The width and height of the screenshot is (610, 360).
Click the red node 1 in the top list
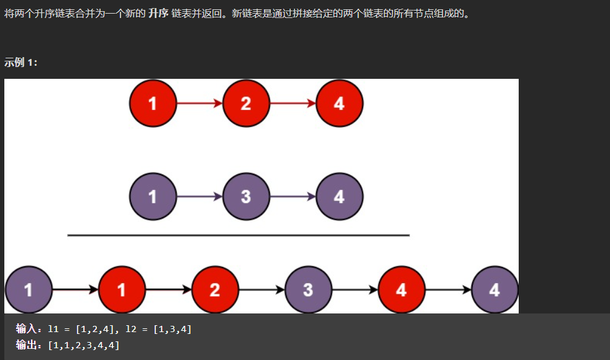[x=153, y=103]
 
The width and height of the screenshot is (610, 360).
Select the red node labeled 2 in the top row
[x=246, y=103]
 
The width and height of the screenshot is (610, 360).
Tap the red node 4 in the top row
[x=339, y=103]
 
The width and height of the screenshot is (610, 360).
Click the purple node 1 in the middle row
[x=153, y=197]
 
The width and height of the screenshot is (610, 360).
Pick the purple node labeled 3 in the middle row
[x=246, y=197]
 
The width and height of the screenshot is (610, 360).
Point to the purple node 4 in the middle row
[x=339, y=197]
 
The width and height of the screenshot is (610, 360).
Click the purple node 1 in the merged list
[x=29, y=289]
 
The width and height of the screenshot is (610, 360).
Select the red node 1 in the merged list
[x=122, y=289]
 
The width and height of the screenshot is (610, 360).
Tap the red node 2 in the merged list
[x=215, y=289]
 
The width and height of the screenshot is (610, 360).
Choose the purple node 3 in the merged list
[x=308, y=289]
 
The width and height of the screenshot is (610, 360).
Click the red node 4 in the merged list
[x=401, y=289]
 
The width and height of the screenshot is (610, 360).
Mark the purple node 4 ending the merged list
[x=494, y=289]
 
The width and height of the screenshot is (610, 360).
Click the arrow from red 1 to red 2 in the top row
[x=199, y=103]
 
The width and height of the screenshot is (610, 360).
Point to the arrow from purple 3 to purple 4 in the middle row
[x=293, y=197]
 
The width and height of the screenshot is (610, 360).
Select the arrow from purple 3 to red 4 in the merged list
[x=355, y=289]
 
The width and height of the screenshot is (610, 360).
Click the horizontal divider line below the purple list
[x=239, y=235]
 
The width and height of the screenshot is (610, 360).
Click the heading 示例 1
[x=21, y=62]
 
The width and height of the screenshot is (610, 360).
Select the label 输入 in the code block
[x=27, y=329]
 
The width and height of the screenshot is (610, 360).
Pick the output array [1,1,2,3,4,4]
[x=84, y=344]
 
